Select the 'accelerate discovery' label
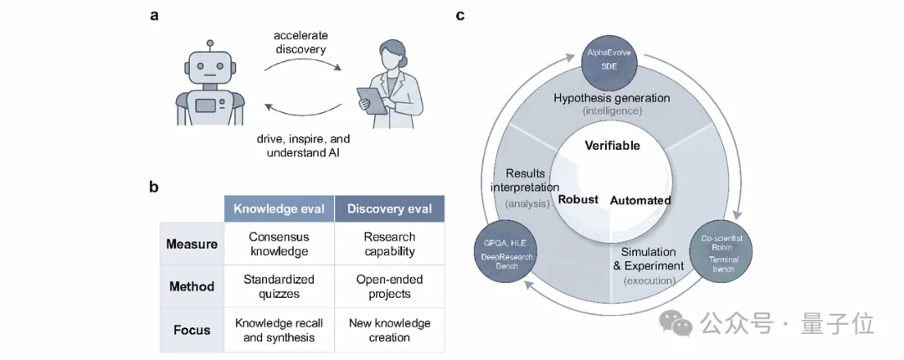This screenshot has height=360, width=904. coord(300,43)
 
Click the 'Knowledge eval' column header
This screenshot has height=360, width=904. coord(279,208)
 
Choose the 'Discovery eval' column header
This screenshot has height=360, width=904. coord(390,208)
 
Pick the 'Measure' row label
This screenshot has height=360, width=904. coord(192,244)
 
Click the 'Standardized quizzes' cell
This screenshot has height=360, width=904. coord(279,286)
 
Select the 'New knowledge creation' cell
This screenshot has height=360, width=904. coord(390,329)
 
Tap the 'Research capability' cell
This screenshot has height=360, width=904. coord(390,244)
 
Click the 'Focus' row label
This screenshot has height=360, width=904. coord(192,330)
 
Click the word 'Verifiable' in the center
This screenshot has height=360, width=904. coord(612,146)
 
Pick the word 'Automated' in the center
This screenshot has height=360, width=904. coord(640,200)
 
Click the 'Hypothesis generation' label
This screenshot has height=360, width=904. coord(612,98)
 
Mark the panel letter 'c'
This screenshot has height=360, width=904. coord(460,16)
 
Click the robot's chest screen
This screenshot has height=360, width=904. coord(206,105)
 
